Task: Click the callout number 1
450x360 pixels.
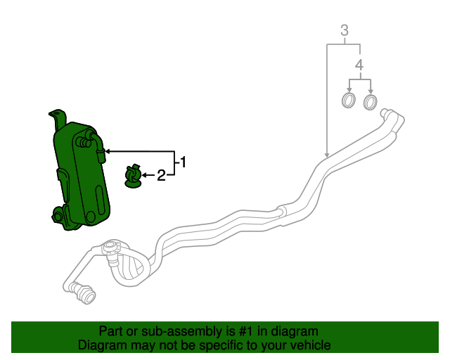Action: (183, 162)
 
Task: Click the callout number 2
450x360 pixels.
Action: (161, 175)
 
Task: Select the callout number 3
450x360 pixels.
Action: (345, 30)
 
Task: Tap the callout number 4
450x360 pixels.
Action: (359, 65)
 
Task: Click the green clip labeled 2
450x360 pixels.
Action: (133, 176)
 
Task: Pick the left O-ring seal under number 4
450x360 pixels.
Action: (349, 101)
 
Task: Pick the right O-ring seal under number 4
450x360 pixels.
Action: (371, 102)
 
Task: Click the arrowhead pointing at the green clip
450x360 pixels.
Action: (144, 175)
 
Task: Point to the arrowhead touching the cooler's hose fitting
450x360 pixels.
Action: (108, 151)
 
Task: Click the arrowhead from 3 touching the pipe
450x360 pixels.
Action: (327, 155)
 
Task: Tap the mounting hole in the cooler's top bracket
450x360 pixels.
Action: (57, 114)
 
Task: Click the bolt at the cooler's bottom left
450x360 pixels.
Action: (56, 217)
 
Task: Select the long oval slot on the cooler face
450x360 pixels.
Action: (99, 200)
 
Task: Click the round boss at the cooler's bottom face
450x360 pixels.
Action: (91, 217)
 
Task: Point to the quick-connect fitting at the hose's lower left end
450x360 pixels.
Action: (83, 292)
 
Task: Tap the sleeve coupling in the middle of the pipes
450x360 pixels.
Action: (281, 212)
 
